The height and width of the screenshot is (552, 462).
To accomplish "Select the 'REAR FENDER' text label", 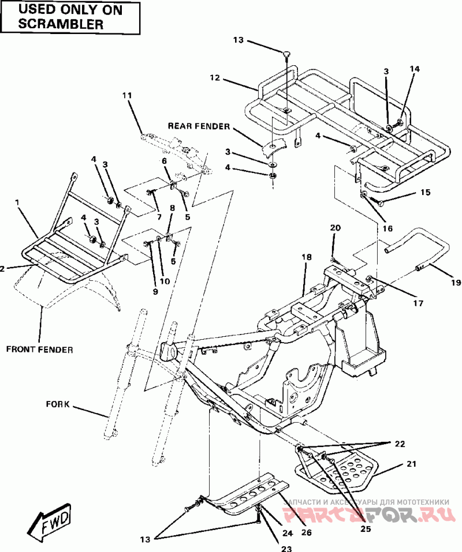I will click(x=199, y=126).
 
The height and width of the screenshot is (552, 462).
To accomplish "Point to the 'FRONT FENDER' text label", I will click(x=40, y=349).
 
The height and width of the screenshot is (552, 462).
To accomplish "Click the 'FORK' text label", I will click(x=58, y=404).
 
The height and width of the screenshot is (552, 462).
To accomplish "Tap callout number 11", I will click(x=127, y=95).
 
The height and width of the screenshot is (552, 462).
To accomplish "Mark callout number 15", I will click(x=425, y=193).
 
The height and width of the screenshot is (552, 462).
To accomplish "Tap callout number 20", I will click(x=335, y=228).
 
